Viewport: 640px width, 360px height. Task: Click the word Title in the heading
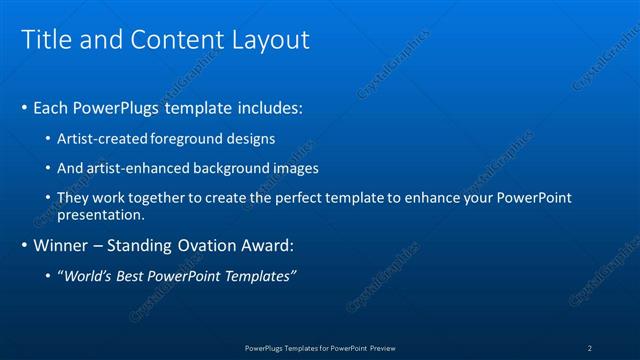[x=45, y=39]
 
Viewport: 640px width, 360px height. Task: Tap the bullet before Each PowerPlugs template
[x=25, y=107]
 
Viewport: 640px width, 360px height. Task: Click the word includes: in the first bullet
[x=266, y=107]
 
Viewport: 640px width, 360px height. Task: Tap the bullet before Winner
[x=25, y=245]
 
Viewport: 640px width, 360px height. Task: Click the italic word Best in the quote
[x=134, y=275]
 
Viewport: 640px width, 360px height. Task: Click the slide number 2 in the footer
[x=590, y=347]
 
